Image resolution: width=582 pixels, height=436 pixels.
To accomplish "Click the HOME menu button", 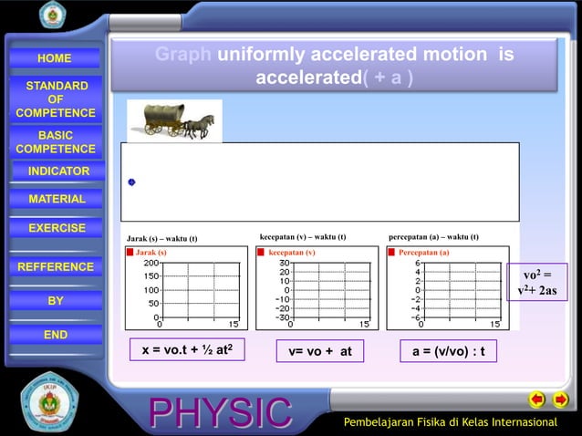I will pyautogui.click(x=55, y=58).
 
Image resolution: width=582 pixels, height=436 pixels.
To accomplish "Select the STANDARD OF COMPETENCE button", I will pyautogui.click(x=56, y=99).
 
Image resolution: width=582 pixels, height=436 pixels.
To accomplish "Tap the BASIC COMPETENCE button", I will pyautogui.click(x=56, y=142).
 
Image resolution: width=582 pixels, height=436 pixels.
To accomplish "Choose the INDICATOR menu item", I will pyautogui.click(x=58, y=171).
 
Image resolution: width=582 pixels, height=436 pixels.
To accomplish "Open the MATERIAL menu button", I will pyautogui.click(x=57, y=199).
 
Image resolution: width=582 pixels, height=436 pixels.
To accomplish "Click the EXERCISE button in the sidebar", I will pyautogui.click(x=57, y=228).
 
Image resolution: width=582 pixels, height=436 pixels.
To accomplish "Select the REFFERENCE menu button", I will pyautogui.click(x=56, y=267).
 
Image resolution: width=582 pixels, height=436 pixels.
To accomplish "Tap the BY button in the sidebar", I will pyautogui.click(x=56, y=301).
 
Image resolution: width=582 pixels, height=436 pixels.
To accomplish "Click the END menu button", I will pyautogui.click(x=56, y=335).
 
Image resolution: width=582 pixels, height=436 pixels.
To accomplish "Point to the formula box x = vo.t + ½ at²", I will pyautogui.click(x=188, y=351).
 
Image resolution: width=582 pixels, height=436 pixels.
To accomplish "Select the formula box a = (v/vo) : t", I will pyautogui.click(x=448, y=351).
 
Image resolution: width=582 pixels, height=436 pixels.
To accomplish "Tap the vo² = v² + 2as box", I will pyautogui.click(x=536, y=283).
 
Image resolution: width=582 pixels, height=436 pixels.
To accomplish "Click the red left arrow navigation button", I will pyautogui.click(x=537, y=400).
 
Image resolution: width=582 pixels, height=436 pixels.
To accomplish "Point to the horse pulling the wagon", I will pyautogui.click(x=199, y=125).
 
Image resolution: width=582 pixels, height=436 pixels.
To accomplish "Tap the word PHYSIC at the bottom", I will pyautogui.click(x=222, y=413).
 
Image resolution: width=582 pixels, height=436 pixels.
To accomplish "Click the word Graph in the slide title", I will pyautogui.click(x=183, y=56).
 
